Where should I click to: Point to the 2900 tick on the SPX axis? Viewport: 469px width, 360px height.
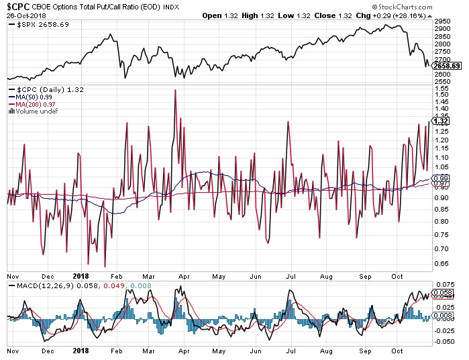[x=443, y=30]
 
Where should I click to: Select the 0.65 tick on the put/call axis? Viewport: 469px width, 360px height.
[x=443, y=263]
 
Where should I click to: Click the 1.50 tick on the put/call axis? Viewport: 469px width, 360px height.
[x=443, y=95]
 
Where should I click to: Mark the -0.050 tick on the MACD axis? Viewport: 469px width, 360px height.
[x=444, y=341]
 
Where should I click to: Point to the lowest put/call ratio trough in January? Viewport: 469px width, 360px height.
[x=105, y=267]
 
